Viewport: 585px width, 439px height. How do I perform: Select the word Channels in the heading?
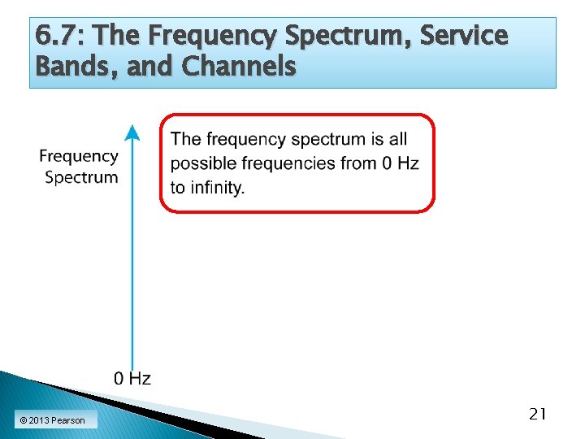point(240,66)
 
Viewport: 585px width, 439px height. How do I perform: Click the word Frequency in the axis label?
point(79,156)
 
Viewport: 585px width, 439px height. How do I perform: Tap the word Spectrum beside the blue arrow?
point(81,177)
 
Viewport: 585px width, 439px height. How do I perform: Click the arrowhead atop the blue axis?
point(132,133)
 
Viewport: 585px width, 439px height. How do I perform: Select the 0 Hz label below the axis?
point(132,378)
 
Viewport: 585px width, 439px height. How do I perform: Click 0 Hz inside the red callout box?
point(400,163)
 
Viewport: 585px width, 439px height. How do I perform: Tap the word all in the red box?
point(397,140)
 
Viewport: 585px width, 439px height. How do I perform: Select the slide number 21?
point(537,414)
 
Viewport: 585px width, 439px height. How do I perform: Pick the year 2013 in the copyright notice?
point(40,420)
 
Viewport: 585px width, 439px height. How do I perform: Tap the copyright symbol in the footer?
point(23,420)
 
